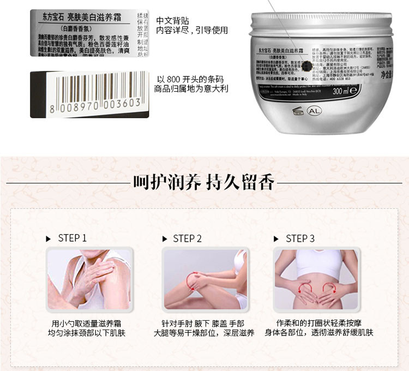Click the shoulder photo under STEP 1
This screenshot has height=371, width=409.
point(89,279)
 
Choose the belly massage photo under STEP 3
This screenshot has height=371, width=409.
point(316,279)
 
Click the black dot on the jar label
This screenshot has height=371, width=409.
point(307,67)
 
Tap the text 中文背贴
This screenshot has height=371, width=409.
point(170,21)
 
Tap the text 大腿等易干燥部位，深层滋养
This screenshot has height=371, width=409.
point(204,333)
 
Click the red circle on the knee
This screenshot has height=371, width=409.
point(193,280)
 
